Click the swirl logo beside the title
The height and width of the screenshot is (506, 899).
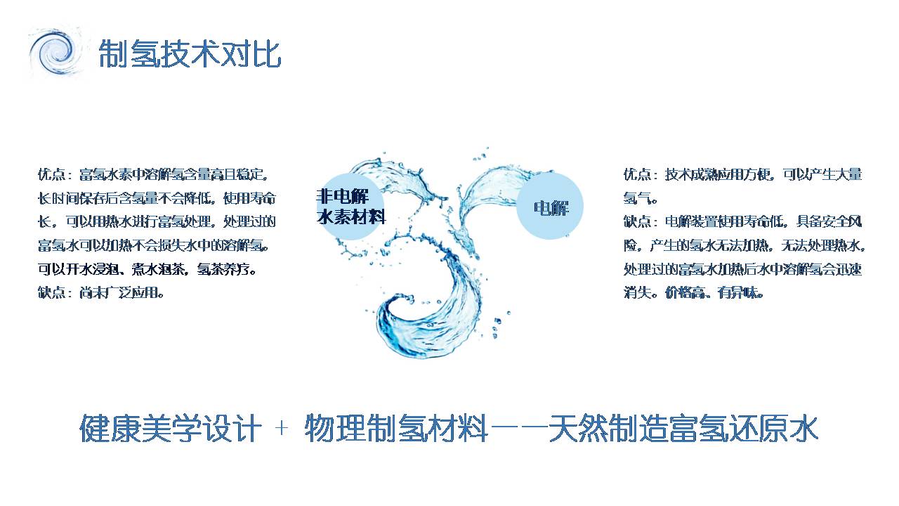click(55, 52)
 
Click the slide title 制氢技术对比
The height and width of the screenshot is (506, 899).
click(190, 53)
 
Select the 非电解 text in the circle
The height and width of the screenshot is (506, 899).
click(342, 196)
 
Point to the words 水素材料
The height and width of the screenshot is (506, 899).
click(351, 217)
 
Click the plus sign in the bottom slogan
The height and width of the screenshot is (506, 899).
click(282, 428)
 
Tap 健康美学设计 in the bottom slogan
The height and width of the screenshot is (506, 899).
click(171, 428)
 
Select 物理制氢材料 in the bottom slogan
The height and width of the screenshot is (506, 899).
click(396, 428)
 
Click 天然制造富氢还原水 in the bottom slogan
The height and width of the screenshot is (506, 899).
click(683, 428)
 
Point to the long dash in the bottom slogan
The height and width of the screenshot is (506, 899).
click(518, 428)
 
